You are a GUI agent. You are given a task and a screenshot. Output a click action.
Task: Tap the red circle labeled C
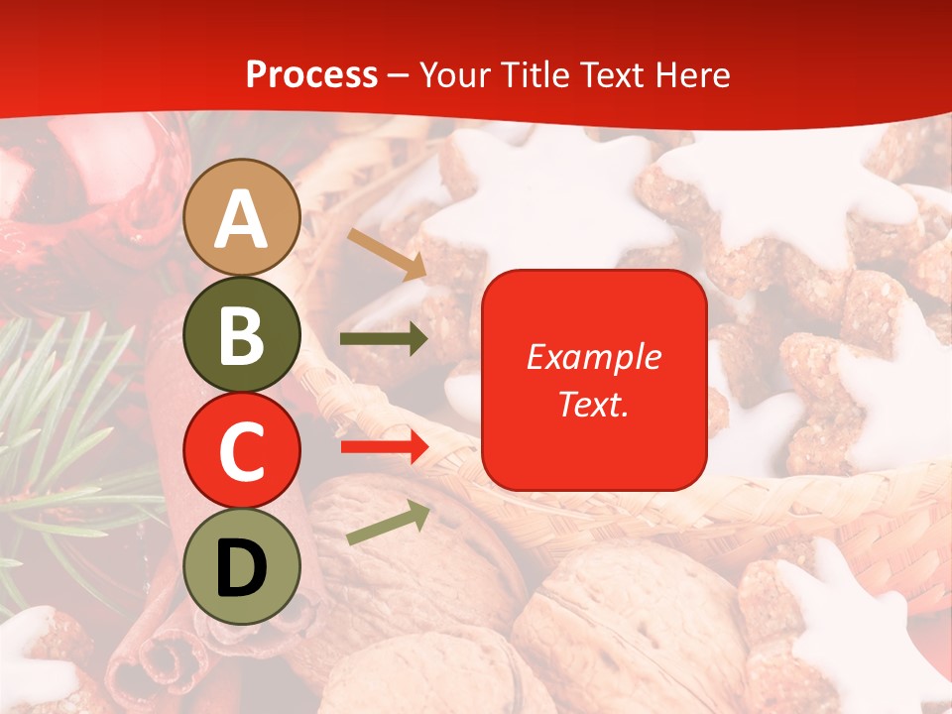tap(242, 450)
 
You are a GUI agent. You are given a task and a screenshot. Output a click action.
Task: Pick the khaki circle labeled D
tap(242, 566)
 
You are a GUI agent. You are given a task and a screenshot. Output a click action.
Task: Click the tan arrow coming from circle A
tap(386, 254)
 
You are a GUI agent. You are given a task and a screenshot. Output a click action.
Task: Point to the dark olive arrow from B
tap(383, 339)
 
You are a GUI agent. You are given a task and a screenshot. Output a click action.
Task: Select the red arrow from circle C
tap(384, 446)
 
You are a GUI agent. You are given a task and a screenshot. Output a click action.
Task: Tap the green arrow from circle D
tap(388, 524)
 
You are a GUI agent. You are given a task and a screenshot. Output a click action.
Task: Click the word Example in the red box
tap(594, 357)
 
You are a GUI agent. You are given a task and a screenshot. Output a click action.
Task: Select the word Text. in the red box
tap(594, 405)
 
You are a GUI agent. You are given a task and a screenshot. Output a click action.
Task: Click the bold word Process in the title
tap(311, 74)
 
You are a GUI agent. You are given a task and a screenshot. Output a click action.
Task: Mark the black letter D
tap(242, 568)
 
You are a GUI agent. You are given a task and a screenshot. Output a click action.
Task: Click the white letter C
tap(242, 452)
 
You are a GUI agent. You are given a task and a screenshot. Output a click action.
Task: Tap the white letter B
tap(242, 336)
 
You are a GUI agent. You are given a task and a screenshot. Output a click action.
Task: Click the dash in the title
tap(399, 76)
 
